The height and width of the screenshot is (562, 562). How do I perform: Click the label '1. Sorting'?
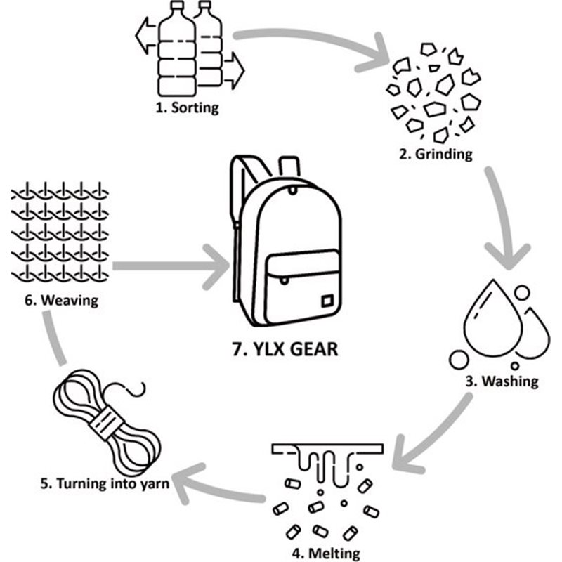coord(187,108)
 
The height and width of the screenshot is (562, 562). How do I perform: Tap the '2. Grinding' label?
coord(435,154)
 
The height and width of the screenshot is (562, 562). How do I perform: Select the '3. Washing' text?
coord(501,381)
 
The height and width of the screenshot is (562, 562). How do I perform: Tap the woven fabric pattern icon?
coord(59,232)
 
